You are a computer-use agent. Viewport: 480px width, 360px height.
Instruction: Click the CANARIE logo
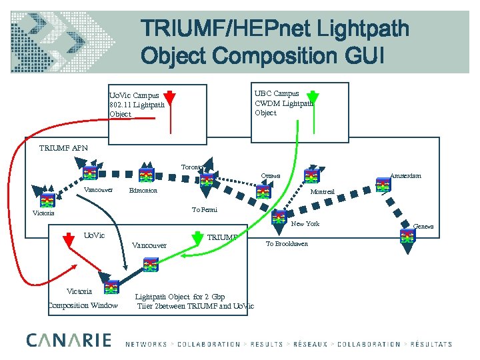coord(69,340)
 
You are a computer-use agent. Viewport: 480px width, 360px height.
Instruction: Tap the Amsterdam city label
coord(405,175)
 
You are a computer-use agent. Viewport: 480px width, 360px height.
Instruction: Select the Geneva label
coord(423,227)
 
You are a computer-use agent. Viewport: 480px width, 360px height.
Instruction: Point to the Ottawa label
coord(271,176)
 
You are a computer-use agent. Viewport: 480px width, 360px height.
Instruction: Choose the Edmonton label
coord(143,191)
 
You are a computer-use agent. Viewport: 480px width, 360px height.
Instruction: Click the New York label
coord(306,224)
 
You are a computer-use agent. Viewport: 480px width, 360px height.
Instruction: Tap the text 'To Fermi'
coord(205,210)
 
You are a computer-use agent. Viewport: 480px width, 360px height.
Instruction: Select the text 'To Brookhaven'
coord(287,244)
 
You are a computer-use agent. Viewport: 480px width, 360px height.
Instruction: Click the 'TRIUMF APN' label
coord(63,148)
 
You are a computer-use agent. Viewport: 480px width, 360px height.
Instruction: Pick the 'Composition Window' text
coord(82,306)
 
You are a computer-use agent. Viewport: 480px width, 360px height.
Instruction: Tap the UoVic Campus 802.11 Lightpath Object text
coord(137,105)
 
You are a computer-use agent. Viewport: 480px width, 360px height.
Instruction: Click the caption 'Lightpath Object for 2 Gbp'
coord(180,297)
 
